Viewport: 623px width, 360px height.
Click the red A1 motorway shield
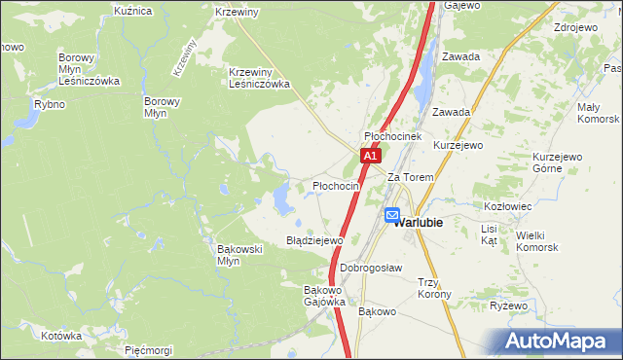370,156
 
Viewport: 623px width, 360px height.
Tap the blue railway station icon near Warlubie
392,216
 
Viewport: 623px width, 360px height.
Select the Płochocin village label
336,185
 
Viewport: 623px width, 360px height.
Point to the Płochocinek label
392,137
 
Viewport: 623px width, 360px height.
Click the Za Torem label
410,178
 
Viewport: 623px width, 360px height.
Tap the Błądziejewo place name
314,240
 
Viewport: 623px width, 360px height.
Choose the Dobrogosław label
371,268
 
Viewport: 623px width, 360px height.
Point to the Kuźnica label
133,11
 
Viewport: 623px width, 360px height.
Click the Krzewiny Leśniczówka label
260,78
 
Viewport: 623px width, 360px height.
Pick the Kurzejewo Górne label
557,162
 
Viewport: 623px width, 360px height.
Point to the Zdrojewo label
574,27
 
